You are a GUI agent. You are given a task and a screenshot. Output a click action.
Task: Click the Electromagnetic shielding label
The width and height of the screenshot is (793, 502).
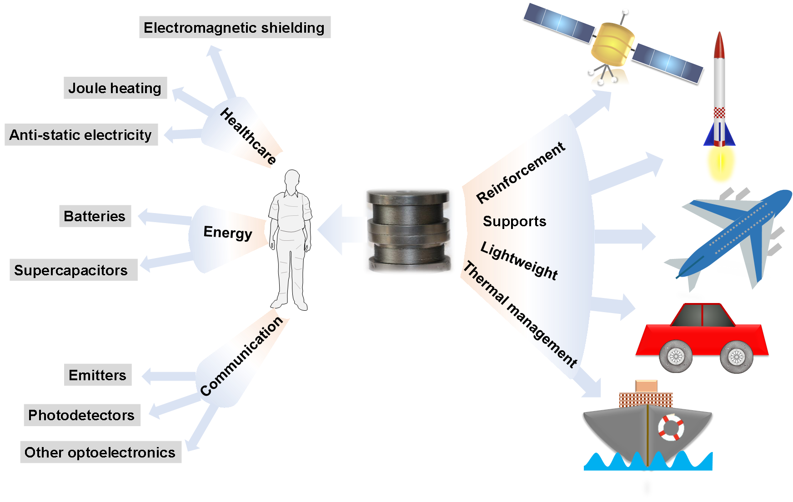pos(235,27)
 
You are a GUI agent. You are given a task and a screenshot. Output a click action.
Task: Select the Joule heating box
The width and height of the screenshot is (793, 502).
pos(115,88)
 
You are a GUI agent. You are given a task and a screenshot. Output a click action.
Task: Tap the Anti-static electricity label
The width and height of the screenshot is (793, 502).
pos(81,134)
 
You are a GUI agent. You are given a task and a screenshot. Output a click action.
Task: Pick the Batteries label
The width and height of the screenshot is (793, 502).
pos(95,216)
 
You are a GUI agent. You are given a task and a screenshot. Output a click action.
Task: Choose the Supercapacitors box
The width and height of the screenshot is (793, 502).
pos(73,270)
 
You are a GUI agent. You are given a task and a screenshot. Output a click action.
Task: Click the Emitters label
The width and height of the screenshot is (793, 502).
pos(98,375)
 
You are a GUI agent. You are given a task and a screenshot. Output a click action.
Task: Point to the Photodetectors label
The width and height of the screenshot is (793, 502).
pos(82,415)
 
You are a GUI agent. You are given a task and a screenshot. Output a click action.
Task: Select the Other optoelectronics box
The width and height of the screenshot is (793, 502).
pos(100,452)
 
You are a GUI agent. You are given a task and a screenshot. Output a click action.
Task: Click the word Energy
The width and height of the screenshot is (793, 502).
pos(227,233)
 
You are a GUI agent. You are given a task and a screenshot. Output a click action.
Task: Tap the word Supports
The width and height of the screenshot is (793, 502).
pos(514,221)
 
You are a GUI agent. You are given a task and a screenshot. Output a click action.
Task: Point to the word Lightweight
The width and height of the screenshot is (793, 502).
pos(519,261)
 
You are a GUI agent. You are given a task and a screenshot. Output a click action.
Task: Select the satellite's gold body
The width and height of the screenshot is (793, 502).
pos(612,45)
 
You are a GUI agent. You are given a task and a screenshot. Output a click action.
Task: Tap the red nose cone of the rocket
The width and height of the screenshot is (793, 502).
pos(719,45)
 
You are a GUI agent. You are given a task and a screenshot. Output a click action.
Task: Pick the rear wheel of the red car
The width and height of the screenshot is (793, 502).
pos(676,356)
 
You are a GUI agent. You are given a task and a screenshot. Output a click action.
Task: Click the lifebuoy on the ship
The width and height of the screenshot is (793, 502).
pos(671,427)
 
